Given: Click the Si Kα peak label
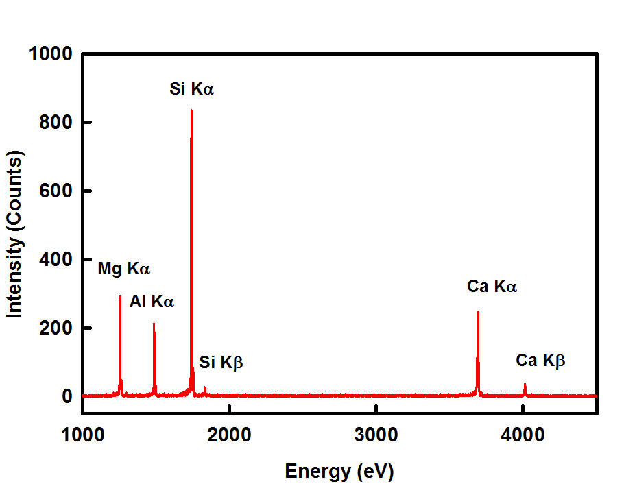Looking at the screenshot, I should click(x=192, y=88).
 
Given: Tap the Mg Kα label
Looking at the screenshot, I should click(x=123, y=269).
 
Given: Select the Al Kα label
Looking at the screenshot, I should click(x=152, y=301).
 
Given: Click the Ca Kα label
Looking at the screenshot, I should click(x=492, y=287).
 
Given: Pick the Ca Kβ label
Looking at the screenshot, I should click(x=540, y=361).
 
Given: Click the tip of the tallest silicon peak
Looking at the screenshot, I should click(x=191, y=110).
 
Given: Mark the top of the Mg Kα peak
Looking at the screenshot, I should click(x=120, y=297).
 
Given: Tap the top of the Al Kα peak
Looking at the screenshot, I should click(x=154, y=324).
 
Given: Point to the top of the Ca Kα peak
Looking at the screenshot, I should click(x=477, y=312).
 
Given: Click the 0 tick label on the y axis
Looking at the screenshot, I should click(x=67, y=397).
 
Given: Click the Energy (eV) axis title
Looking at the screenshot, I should click(x=339, y=471).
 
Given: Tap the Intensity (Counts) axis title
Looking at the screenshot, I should click(x=15, y=234).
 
